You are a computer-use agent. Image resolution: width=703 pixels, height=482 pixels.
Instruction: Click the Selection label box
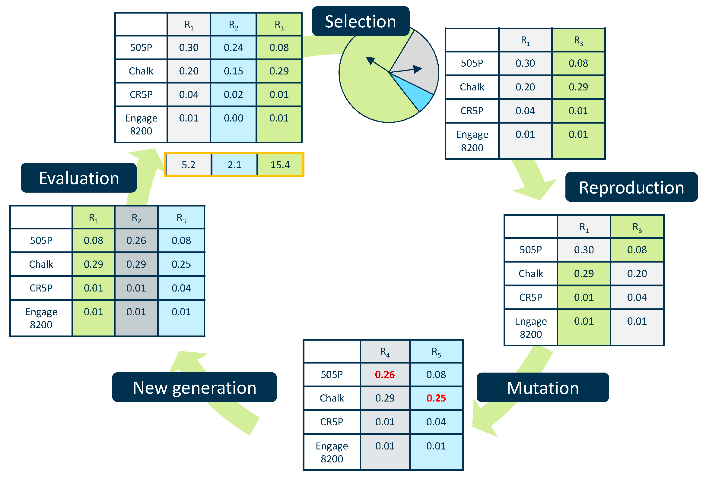(x=360, y=21)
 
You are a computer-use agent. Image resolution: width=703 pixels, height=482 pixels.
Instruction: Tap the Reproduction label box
(x=631, y=187)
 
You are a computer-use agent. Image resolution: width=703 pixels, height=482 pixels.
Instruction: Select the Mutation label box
(x=542, y=388)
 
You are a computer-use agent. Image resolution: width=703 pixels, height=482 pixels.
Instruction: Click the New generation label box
(x=194, y=387)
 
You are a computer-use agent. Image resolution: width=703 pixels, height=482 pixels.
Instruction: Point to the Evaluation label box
(x=79, y=178)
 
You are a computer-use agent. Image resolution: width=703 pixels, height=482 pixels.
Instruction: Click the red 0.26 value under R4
(x=384, y=374)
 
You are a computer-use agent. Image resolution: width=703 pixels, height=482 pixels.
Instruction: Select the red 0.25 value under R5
(x=436, y=398)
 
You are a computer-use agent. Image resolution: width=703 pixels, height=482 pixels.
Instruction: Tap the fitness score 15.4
(x=280, y=165)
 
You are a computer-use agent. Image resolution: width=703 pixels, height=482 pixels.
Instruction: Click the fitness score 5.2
(x=189, y=165)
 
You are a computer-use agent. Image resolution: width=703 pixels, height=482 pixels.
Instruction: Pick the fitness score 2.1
(x=234, y=165)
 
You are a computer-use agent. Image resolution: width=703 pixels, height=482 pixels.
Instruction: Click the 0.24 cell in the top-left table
(x=233, y=47)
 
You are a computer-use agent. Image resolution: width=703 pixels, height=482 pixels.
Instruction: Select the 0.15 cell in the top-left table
(x=233, y=71)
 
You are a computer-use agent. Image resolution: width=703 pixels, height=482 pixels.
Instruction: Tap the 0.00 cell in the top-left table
(x=233, y=118)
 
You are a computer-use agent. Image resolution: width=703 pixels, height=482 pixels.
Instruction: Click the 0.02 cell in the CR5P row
(x=233, y=95)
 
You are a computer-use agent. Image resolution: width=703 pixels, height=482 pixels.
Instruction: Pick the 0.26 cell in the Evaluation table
(x=136, y=241)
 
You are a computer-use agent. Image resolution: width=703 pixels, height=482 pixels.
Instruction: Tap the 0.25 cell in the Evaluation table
(x=181, y=264)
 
